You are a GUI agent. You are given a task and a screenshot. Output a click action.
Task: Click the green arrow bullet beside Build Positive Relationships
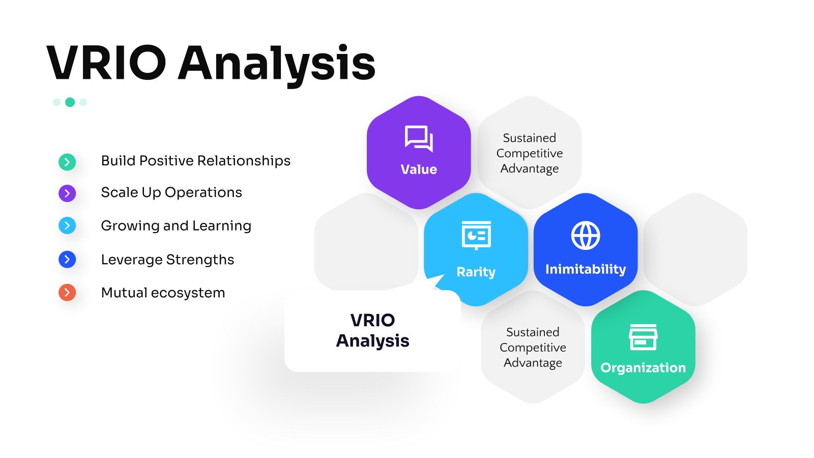(67, 162)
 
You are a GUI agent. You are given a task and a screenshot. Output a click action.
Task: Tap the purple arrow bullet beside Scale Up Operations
(67, 193)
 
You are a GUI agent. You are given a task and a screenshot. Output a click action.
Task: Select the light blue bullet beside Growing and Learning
(67, 225)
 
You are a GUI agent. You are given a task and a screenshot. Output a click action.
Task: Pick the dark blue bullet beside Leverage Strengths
(67, 259)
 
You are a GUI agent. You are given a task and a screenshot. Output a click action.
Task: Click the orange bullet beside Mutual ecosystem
(67, 292)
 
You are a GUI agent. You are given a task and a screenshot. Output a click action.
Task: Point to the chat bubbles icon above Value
(419, 138)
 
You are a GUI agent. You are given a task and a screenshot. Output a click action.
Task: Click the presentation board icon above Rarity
(476, 235)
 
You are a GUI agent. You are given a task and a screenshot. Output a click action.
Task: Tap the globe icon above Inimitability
(586, 235)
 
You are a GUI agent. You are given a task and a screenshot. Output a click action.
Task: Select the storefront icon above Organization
(643, 337)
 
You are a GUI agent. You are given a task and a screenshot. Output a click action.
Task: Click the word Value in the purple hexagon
(419, 169)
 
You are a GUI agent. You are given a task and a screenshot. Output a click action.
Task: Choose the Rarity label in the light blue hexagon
(476, 272)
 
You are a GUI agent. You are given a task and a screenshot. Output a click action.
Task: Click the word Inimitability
(586, 269)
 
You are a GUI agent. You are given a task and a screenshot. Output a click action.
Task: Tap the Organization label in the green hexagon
(643, 367)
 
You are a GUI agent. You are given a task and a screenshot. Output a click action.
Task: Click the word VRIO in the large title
(106, 63)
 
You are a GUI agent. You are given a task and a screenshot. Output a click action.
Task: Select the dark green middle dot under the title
(70, 102)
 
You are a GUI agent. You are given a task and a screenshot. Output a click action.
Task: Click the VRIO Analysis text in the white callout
(372, 330)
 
